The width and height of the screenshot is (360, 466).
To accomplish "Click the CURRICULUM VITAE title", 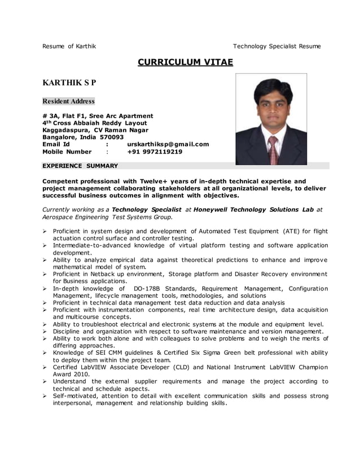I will tap(185, 62).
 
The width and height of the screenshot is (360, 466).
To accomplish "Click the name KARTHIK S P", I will tap(69, 82).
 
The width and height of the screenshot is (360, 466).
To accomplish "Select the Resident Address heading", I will tap(69, 102).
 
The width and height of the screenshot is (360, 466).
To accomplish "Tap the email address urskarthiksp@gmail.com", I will tap(168, 144).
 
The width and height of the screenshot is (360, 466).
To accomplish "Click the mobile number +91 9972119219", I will tap(155, 152).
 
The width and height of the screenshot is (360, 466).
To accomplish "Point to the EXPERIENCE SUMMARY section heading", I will tap(80, 166).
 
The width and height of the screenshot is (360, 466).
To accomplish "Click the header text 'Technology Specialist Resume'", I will tap(276, 46).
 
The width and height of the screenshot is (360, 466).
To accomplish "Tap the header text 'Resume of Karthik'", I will tap(69, 46).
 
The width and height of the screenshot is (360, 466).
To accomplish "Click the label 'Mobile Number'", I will tap(67, 152).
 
